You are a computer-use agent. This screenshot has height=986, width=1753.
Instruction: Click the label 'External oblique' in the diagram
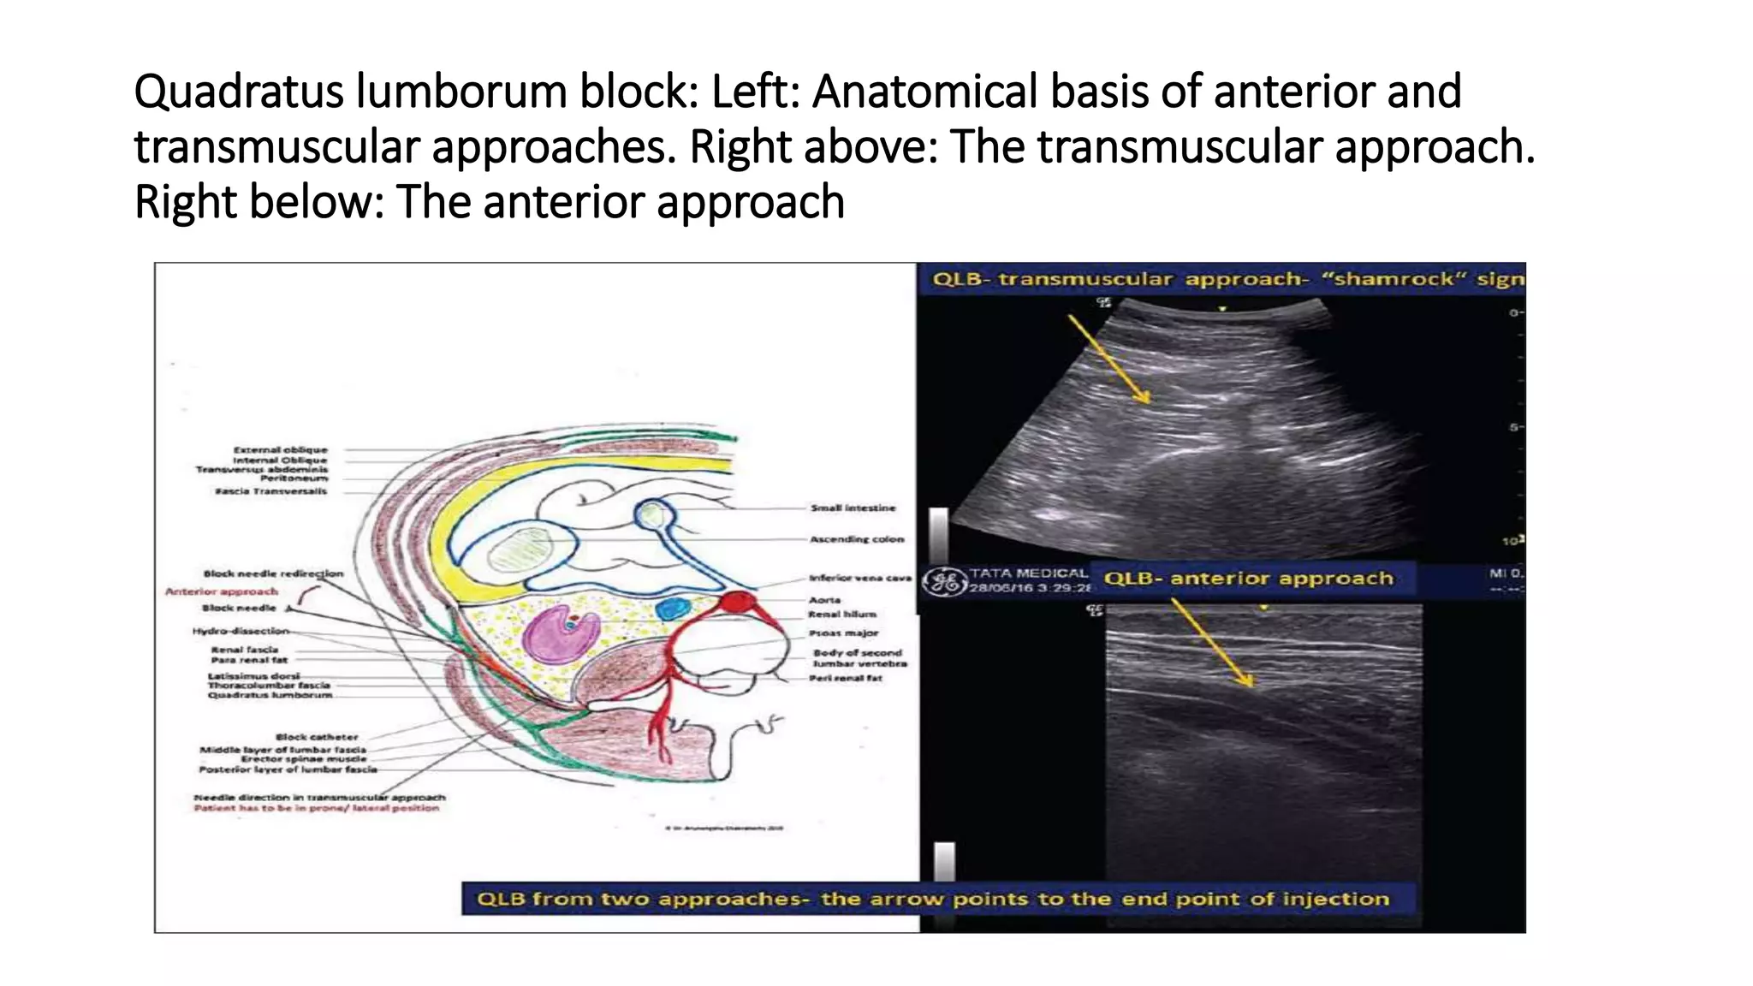(281, 449)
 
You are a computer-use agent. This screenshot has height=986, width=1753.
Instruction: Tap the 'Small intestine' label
(853, 508)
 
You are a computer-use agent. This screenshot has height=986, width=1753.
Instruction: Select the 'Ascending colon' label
(857, 539)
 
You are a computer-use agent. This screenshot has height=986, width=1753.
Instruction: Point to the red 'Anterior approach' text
(222, 591)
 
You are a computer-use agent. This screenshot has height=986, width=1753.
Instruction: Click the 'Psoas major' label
(843, 633)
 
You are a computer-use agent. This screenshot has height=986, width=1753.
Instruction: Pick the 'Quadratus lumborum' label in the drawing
(270, 695)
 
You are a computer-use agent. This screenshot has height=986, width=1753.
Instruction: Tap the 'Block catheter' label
(317, 737)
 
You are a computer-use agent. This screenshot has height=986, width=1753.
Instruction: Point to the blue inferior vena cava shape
(672, 609)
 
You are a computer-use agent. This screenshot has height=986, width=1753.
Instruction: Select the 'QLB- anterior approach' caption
(1248, 579)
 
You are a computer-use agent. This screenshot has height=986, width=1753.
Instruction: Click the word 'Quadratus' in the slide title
(240, 92)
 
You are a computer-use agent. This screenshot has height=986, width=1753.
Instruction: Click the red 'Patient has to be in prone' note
(316, 808)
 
